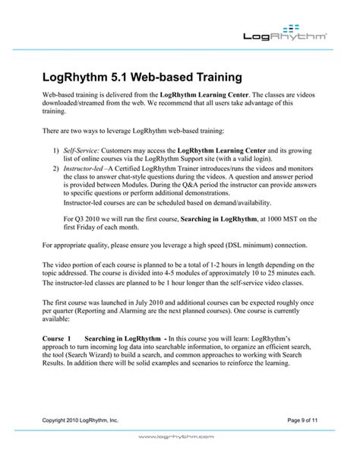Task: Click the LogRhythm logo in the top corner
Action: (x=286, y=31)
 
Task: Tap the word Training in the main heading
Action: (x=212, y=77)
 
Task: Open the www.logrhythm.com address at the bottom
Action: (x=180, y=458)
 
